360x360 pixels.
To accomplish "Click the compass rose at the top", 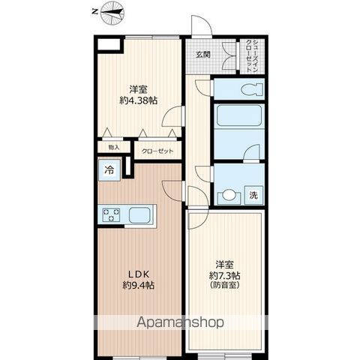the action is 112,13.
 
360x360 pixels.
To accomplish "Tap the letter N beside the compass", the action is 94,12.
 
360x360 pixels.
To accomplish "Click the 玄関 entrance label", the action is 202,55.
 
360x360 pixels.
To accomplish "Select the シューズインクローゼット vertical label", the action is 252,56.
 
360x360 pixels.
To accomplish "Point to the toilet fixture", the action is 251,89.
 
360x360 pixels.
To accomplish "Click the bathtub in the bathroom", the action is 239,115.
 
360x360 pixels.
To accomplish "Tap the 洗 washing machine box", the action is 253,195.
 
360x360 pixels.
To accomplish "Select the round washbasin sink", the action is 229,195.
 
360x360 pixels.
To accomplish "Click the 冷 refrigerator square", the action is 109,170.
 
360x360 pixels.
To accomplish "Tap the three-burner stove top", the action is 111,215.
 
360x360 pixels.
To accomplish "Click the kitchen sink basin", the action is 139,215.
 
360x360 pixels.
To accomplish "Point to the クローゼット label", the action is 157,151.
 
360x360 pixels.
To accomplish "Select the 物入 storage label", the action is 114,147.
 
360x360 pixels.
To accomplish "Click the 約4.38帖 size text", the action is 139,100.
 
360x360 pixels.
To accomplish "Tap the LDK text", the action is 139,274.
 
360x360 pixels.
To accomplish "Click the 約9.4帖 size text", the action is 139,285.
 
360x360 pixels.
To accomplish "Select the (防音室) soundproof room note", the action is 225,285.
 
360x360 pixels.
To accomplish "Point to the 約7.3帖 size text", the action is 225,275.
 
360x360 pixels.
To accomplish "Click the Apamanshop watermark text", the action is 180,322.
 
